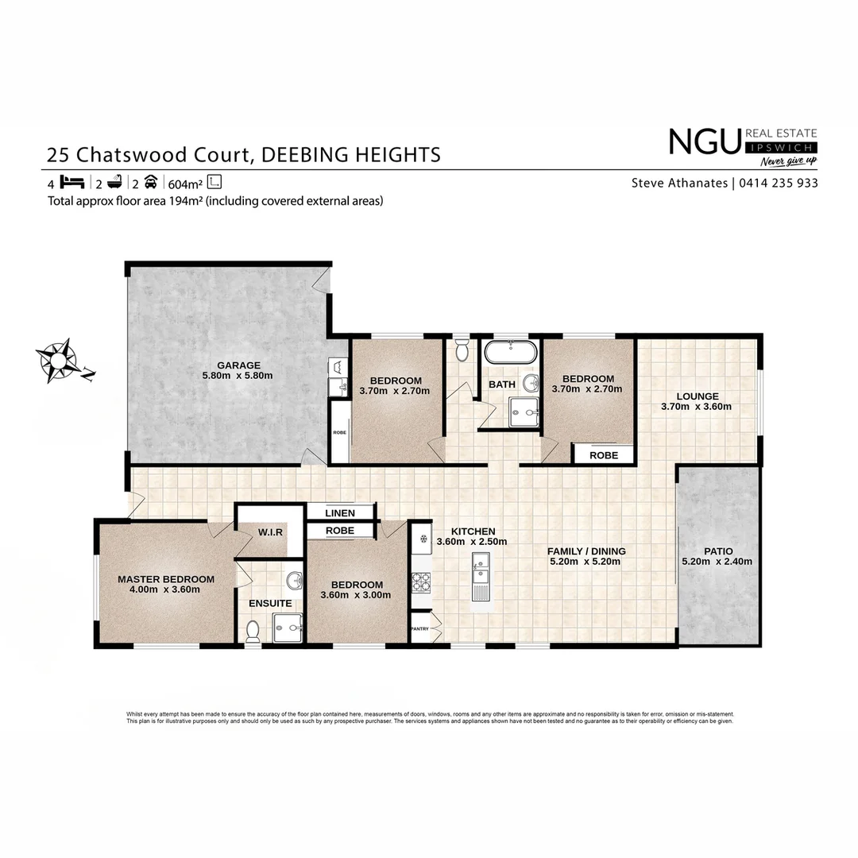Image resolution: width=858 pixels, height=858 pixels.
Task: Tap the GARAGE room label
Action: click(x=238, y=365)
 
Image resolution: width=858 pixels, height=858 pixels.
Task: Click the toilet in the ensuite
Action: click(x=253, y=631)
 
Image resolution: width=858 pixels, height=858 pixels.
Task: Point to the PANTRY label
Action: click(x=419, y=628)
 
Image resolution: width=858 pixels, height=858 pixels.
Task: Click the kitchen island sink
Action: click(x=481, y=569)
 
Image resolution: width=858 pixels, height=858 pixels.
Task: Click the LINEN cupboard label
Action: click(x=341, y=513)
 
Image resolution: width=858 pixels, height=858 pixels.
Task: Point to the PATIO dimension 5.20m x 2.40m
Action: click(x=717, y=562)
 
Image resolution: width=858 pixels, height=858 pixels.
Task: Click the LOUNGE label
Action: click(x=698, y=396)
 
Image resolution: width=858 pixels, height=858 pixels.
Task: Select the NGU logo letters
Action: click(x=705, y=142)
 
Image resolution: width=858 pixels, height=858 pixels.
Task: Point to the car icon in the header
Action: click(x=152, y=181)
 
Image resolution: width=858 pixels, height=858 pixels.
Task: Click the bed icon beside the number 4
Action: click(x=72, y=181)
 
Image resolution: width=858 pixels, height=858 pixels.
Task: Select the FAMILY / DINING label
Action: click(x=586, y=551)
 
